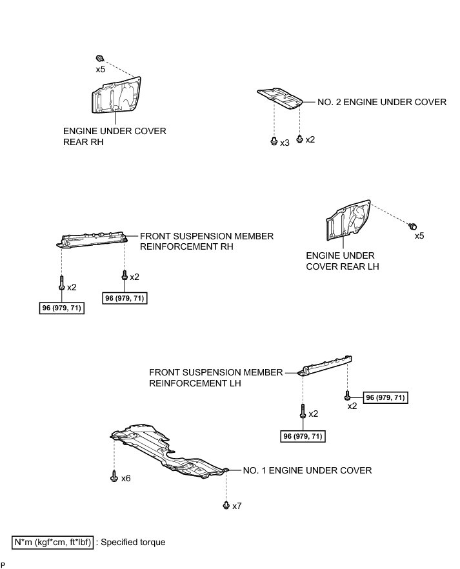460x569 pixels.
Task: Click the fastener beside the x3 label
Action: (274, 141)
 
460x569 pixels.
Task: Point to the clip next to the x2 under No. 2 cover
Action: (299, 138)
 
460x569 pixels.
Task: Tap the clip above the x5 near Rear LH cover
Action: (412, 225)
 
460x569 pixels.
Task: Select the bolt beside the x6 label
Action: (114, 477)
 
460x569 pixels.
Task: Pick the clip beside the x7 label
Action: (226, 505)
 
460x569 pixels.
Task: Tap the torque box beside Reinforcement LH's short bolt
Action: (385, 397)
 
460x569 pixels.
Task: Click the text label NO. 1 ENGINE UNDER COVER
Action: (307, 470)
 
